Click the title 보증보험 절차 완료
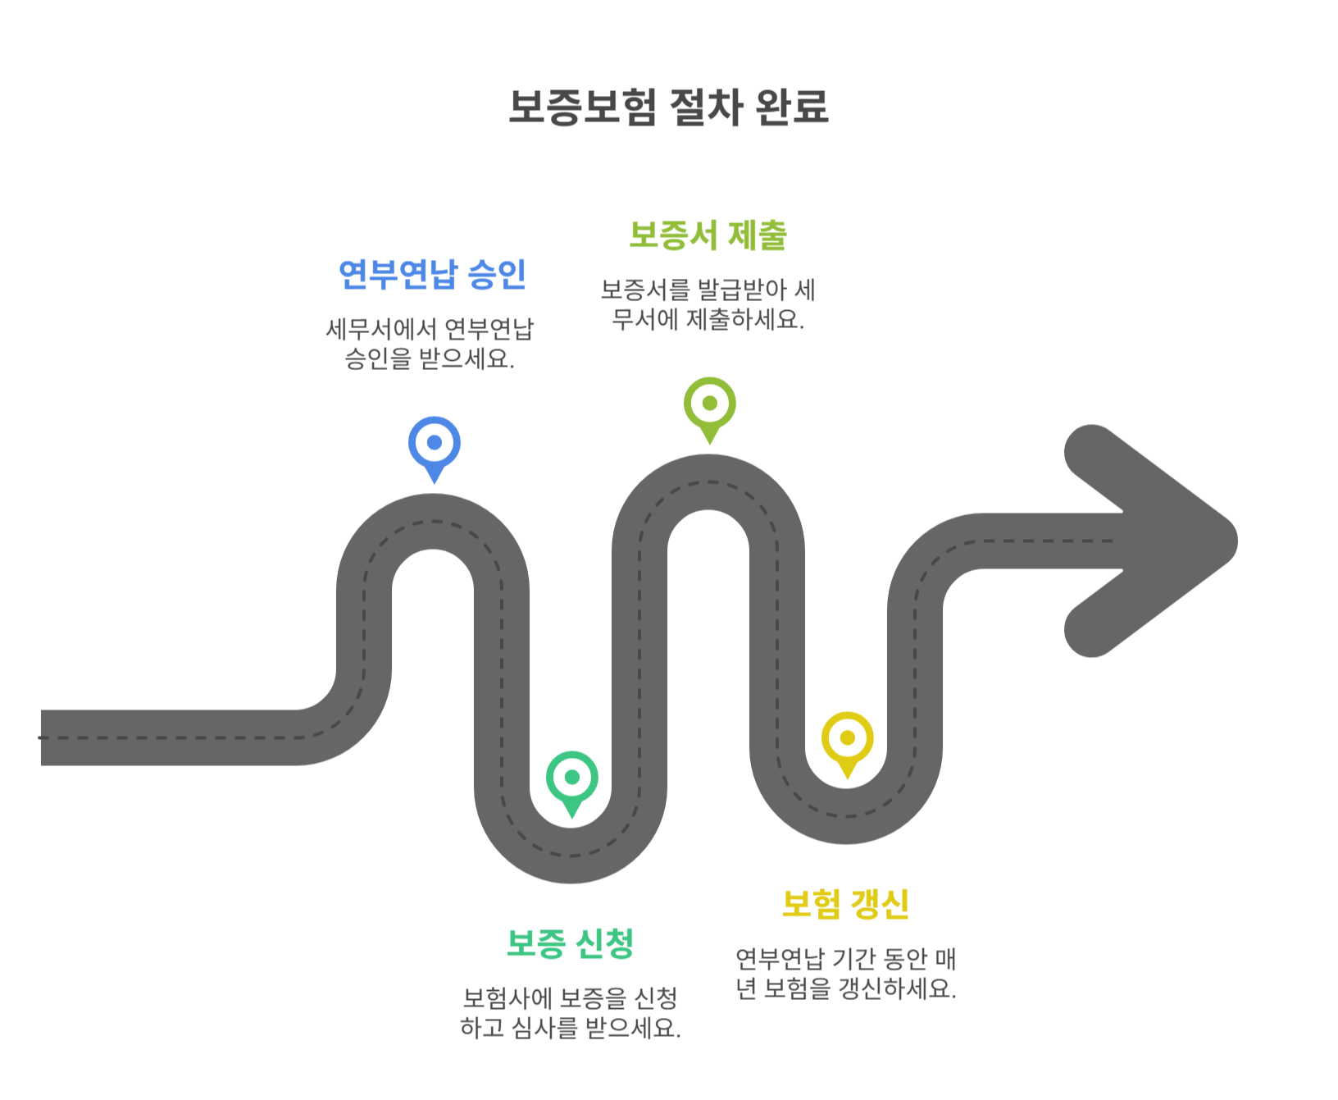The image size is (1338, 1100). pyautogui.click(x=668, y=107)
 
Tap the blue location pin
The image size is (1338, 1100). pyautogui.click(x=434, y=444)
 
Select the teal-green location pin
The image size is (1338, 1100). pyautogui.click(x=571, y=778)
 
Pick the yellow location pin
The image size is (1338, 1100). pyautogui.click(x=847, y=739)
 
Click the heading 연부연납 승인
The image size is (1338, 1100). pyautogui.click(x=432, y=274)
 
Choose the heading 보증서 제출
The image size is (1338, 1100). pyautogui.click(x=708, y=235)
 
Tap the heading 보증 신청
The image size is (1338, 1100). pyautogui.click(x=571, y=943)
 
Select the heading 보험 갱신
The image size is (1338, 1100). pyautogui.click(x=845, y=904)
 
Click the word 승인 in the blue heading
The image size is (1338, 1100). pyautogui.click(x=497, y=274)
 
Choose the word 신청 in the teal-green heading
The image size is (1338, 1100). pyautogui.click(x=604, y=943)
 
